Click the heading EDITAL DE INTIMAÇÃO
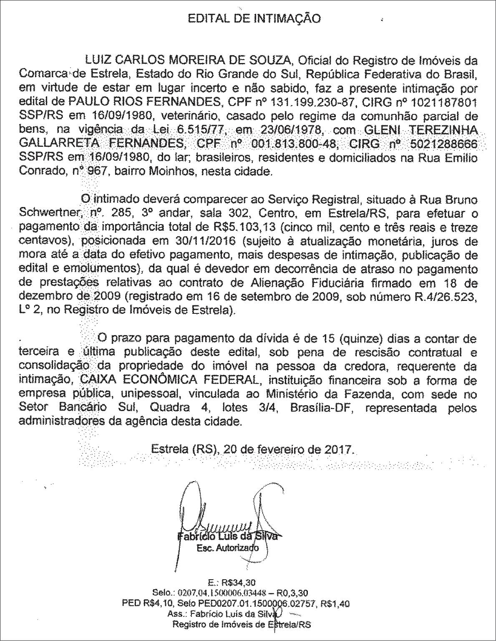(254, 18)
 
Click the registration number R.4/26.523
(443, 297)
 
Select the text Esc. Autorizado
(227, 548)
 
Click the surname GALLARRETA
(58, 144)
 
